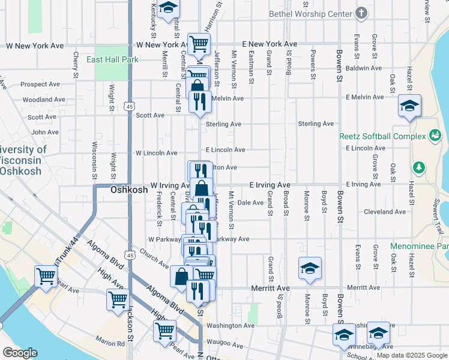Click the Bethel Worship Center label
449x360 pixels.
[310, 13]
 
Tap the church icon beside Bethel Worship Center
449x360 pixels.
[361, 13]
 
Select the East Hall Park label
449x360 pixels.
[112, 59]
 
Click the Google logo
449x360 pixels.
[20, 352]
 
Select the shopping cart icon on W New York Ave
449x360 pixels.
[199, 43]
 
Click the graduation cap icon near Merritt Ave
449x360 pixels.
[310, 268]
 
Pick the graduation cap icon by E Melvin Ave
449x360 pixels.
[409, 106]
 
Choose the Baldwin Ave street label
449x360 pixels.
[364, 68]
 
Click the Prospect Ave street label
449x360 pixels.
[40, 85]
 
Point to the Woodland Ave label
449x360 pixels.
[44, 100]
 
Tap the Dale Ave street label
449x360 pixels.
[250, 203]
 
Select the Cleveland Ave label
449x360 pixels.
[384, 211]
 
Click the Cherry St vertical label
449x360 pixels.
[76, 65]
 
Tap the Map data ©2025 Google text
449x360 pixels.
[412, 355]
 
